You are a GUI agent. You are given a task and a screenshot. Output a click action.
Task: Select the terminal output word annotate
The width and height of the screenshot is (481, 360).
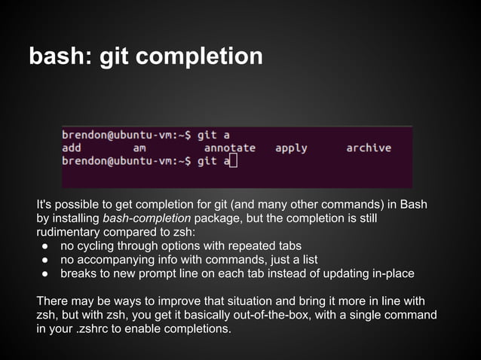pos(230,148)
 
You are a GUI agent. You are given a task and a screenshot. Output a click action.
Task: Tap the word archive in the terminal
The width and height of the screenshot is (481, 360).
pos(369,148)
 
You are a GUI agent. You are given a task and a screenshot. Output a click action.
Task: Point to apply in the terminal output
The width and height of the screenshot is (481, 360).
pos(291,148)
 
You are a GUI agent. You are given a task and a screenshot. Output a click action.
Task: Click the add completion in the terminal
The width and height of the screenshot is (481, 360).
pos(72,148)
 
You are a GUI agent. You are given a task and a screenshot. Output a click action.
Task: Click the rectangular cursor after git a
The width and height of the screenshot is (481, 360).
pos(232,160)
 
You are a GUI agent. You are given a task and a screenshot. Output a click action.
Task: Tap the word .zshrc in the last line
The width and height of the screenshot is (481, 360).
pos(111,329)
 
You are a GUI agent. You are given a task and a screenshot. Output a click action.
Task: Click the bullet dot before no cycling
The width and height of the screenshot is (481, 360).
pos(45,246)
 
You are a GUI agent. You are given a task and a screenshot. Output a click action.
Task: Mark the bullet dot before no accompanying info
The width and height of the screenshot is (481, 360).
pos(45,260)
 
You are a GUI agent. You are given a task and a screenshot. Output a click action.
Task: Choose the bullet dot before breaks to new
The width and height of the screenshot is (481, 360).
pos(45,273)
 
